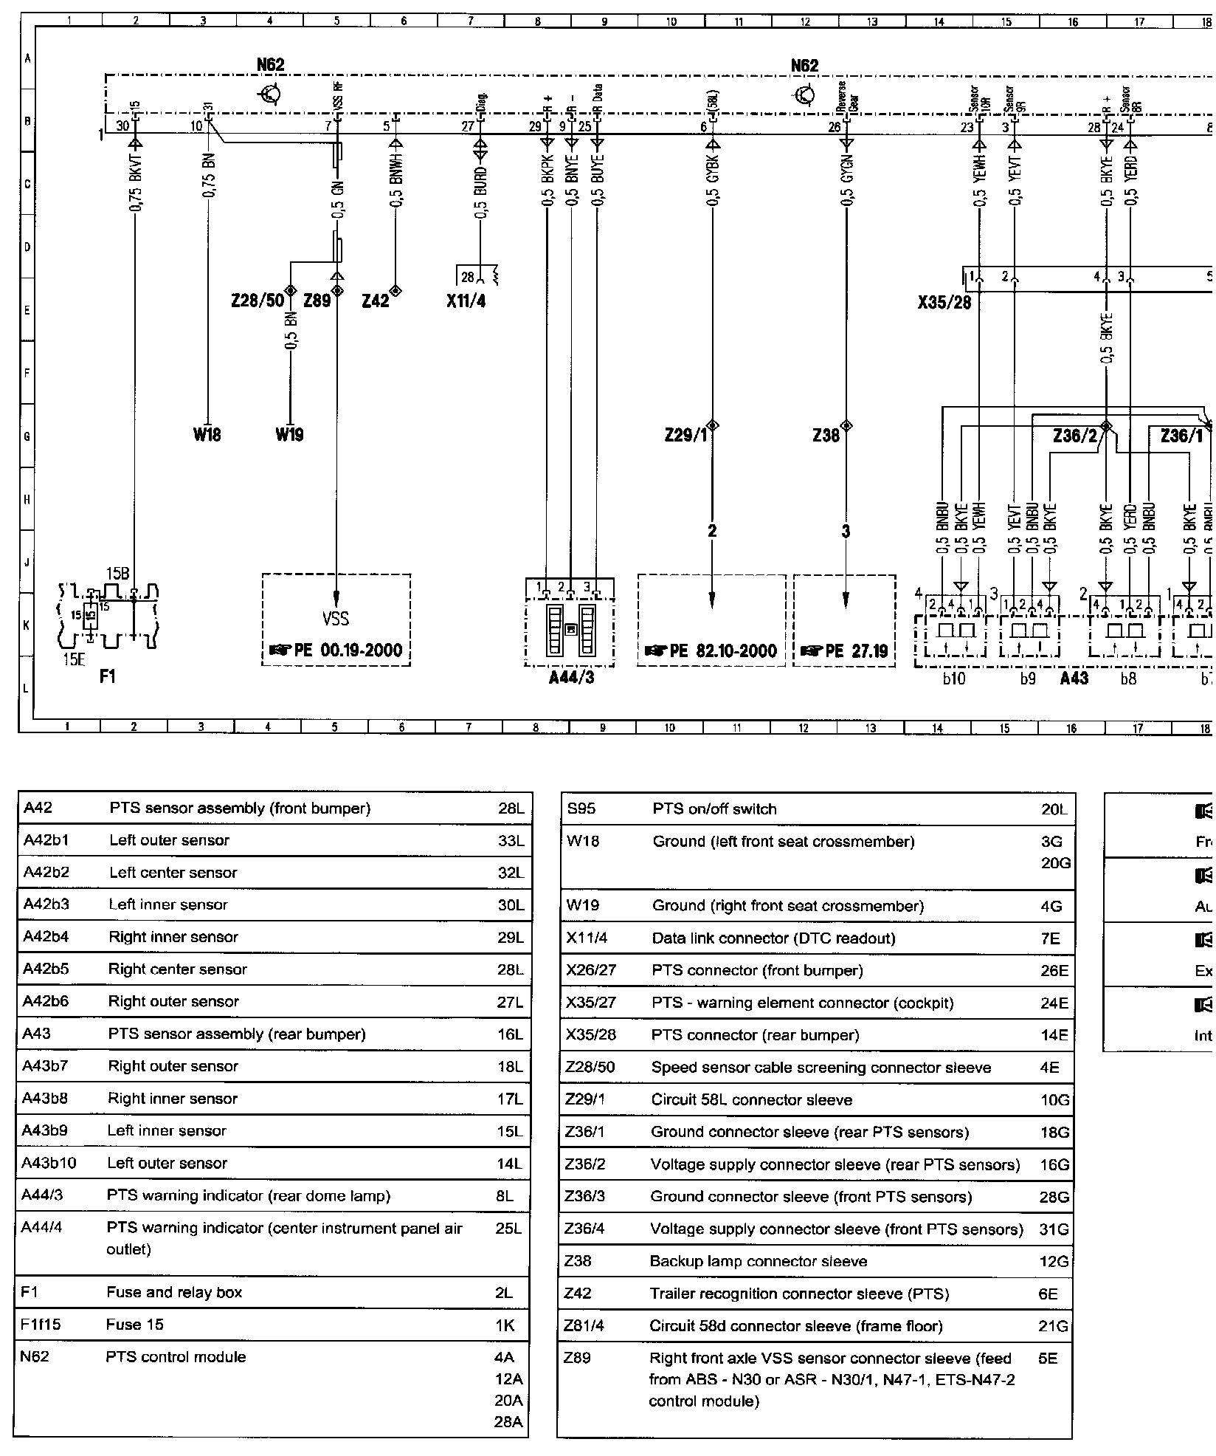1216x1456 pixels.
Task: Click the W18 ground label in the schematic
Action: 207,435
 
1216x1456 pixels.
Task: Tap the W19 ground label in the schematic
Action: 290,435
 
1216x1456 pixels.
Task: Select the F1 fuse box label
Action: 108,676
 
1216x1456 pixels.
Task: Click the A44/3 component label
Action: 571,677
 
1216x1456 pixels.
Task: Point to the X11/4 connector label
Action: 466,301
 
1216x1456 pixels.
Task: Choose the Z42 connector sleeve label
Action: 376,301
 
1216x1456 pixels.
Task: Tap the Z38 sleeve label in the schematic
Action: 826,436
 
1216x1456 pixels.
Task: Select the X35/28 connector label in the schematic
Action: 944,303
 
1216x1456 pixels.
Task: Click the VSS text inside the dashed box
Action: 336,619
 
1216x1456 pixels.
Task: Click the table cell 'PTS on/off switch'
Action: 714,809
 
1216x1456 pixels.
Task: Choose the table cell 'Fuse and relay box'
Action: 174,1292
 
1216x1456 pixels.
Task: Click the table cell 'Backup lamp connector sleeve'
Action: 758,1261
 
